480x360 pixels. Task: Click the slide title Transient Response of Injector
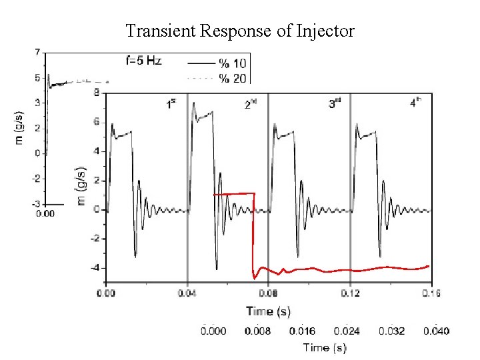[x=240, y=31]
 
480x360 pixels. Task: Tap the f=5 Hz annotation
[x=144, y=61]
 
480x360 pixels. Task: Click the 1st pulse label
[x=171, y=103]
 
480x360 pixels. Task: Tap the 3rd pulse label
[x=335, y=103]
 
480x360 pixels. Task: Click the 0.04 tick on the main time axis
[x=187, y=292]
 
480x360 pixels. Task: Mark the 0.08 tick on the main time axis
[x=269, y=292]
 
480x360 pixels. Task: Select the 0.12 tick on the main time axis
[x=351, y=292]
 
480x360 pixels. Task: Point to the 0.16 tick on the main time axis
[x=432, y=292]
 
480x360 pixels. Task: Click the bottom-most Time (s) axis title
[x=325, y=347]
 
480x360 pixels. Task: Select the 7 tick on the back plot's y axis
[x=38, y=52]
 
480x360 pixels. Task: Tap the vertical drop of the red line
[x=253, y=233]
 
